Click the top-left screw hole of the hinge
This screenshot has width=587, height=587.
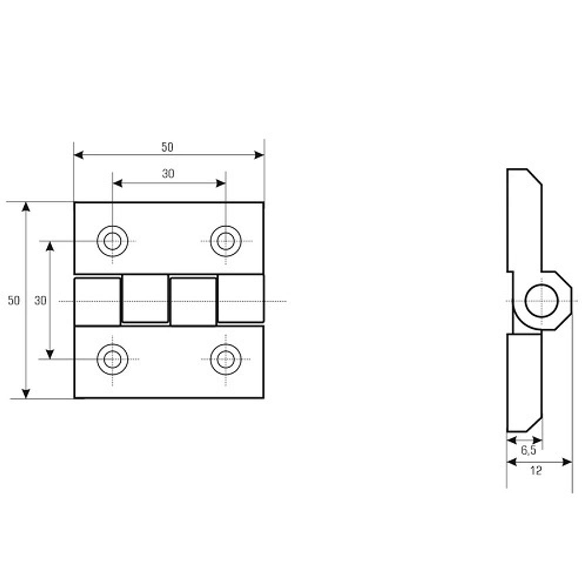112,241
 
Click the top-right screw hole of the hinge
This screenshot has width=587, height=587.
226,241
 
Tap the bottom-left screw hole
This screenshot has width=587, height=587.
112,359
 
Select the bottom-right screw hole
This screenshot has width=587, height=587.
226,359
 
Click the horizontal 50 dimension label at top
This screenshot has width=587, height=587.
167,147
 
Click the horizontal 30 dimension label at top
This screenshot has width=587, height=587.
168,174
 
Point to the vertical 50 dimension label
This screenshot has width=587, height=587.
14,300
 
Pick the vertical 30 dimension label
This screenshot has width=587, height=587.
41,300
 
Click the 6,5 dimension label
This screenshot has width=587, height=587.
529,450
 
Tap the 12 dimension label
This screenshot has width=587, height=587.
536,471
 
